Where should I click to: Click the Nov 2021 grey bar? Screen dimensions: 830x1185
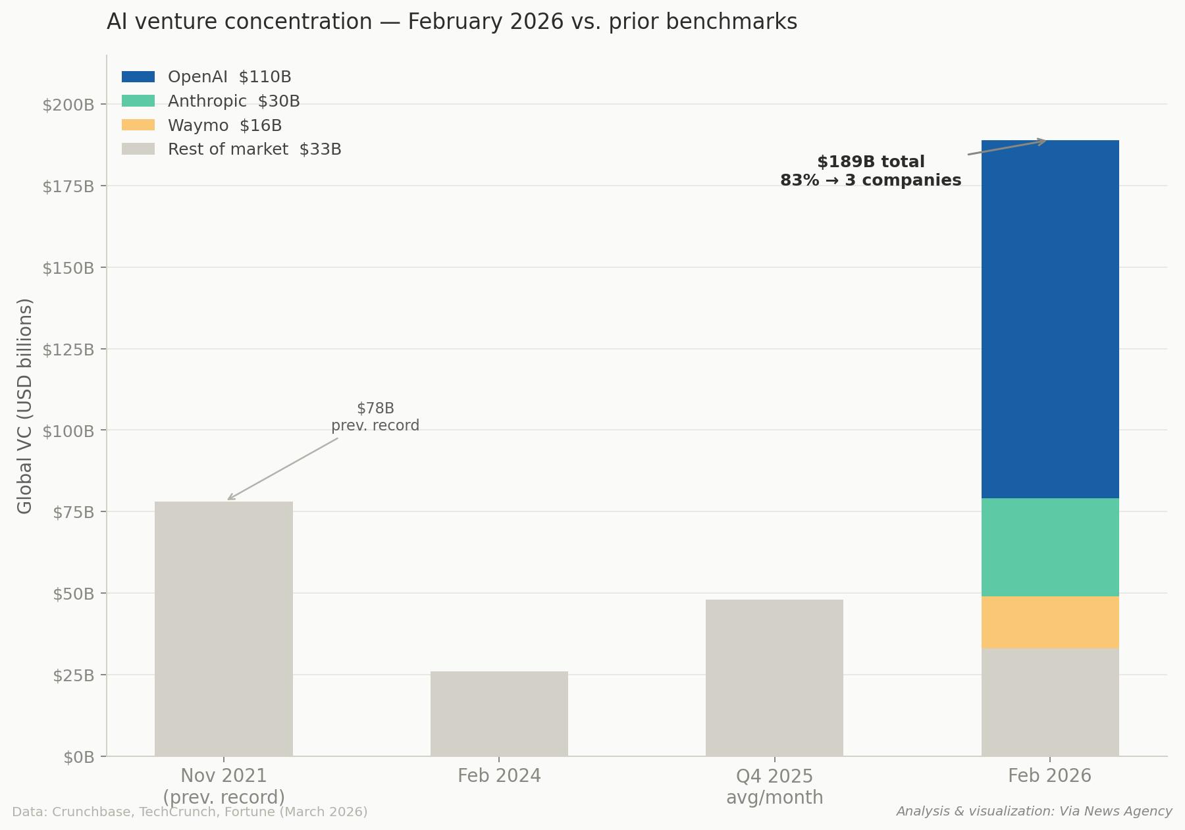coord(223,629)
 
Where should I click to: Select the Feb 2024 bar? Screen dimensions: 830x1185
coord(499,713)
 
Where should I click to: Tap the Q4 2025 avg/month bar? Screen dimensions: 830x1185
coord(774,677)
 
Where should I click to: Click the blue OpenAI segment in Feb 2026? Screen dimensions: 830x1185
coord(1049,319)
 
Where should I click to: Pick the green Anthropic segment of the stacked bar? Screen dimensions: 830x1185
coord(1049,547)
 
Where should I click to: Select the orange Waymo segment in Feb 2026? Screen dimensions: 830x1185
coord(1049,622)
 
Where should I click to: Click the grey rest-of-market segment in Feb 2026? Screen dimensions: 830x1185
coord(1049,702)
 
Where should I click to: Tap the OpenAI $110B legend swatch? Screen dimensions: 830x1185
coord(138,77)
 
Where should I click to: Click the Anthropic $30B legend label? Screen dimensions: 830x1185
coord(234,101)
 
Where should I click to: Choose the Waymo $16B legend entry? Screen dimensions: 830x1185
coord(224,126)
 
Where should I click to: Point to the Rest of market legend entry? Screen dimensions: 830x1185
coord(254,149)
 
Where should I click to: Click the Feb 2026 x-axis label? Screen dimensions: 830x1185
coord(1049,776)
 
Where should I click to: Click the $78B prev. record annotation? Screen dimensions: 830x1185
coord(375,417)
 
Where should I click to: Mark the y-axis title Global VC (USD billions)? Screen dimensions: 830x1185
coord(25,405)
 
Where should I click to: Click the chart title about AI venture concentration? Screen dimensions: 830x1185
coord(452,22)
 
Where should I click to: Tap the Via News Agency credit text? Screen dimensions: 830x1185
coord(1034,812)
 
